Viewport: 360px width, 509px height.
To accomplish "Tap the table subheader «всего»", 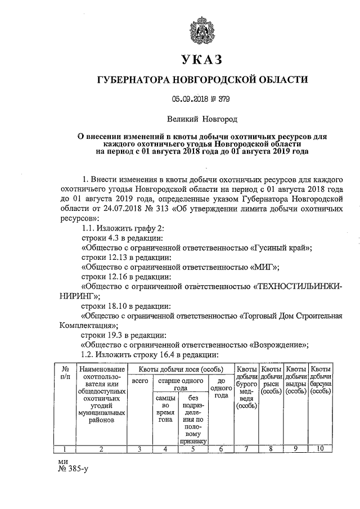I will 139,381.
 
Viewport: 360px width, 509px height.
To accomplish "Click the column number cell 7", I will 246,448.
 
